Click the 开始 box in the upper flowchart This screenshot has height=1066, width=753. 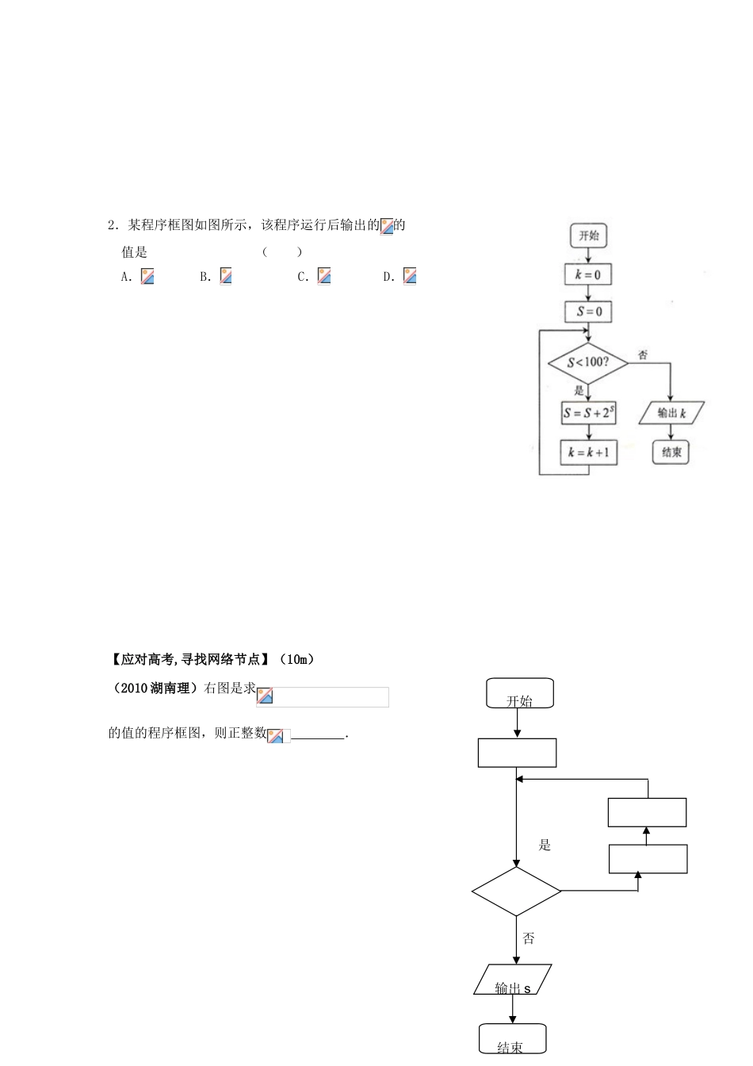tap(588, 236)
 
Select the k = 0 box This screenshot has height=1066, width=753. tap(588, 275)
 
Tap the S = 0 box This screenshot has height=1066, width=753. tap(589, 312)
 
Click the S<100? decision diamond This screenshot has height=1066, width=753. tap(588, 362)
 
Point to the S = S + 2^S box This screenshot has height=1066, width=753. tap(589, 412)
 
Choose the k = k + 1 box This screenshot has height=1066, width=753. tap(589, 452)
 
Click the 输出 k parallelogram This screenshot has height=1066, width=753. tap(671, 412)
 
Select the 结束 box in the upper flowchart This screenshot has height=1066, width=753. tap(671, 452)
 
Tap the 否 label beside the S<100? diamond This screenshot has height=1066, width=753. tap(643, 355)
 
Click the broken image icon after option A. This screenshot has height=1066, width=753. tap(147, 276)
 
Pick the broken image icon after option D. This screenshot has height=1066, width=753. tap(410, 276)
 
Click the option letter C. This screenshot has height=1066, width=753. tap(303, 277)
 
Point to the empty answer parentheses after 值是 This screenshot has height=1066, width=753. tap(282, 252)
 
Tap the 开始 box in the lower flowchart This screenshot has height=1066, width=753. tap(520, 694)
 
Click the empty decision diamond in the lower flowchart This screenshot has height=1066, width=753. tap(517, 892)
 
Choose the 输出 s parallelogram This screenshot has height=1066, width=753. tap(513, 980)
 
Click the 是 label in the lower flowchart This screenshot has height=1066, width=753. tap(545, 846)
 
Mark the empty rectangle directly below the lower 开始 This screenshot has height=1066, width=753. tap(517, 753)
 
